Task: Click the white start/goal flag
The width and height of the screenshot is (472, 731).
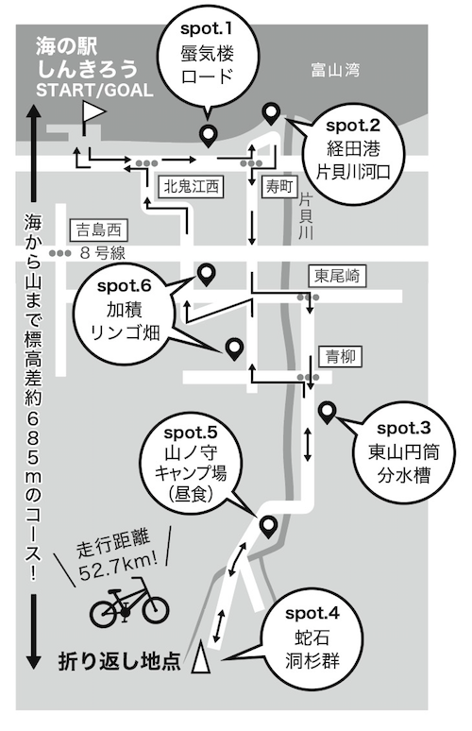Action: coord(94,111)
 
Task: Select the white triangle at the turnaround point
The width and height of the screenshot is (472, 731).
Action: coord(201,657)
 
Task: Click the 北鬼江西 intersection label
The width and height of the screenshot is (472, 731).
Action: coord(191,186)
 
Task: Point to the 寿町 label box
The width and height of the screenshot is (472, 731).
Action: coord(279,186)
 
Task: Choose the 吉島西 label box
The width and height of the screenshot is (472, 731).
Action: coord(98,229)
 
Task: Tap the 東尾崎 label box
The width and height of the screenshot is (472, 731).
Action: coord(337,276)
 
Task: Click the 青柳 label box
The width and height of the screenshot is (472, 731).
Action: coord(341,357)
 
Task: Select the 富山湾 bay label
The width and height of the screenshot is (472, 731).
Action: coord(335,71)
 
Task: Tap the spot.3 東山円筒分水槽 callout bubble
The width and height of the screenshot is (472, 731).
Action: coord(403,452)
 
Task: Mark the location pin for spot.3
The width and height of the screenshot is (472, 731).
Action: coord(327,412)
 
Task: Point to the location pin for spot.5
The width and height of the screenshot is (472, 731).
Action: coord(268,527)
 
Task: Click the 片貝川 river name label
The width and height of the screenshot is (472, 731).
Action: coord(305,217)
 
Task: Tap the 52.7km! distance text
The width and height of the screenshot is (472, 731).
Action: coord(117,565)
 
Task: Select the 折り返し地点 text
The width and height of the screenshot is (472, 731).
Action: coord(119,660)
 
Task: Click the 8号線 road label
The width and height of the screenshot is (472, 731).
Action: coord(103,253)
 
